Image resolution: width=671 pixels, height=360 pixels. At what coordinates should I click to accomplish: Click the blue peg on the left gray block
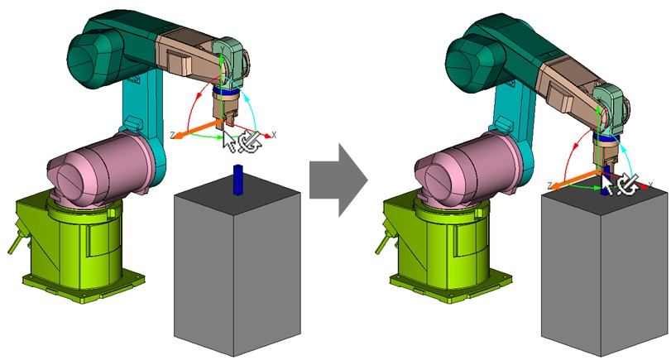pyautogui.click(x=237, y=180)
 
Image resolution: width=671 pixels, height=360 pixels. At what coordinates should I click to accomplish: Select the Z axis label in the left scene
pyautogui.click(x=171, y=135)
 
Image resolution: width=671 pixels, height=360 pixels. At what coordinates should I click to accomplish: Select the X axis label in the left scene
pyautogui.click(x=274, y=133)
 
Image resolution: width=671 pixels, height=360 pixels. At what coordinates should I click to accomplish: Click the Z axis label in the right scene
pyautogui.click(x=549, y=185)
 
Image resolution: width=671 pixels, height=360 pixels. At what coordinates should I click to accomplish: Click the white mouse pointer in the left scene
pyautogui.click(x=229, y=141)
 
